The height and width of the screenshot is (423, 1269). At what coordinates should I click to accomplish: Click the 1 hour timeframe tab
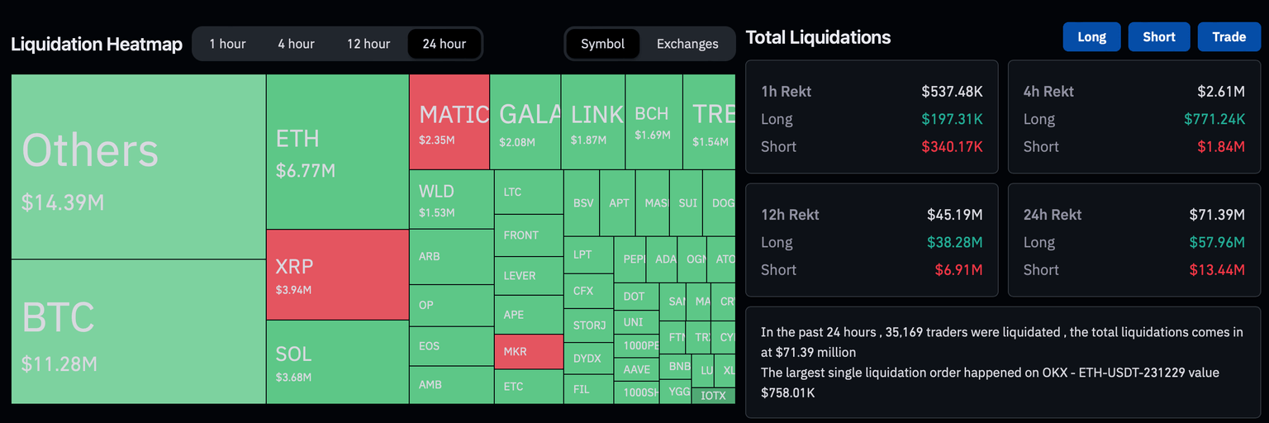pos(227,44)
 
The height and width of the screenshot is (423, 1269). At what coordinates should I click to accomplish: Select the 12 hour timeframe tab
pos(368,44)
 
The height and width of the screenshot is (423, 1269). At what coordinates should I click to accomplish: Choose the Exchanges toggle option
pos(687,44)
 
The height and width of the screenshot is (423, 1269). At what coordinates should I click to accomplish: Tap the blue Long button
pos(1091,37)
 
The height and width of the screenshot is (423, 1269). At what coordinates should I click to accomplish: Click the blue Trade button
pos(1229,37)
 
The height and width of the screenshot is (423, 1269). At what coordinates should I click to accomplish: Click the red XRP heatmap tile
pos(337,275)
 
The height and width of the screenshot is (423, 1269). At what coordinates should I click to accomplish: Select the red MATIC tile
pos(449,122)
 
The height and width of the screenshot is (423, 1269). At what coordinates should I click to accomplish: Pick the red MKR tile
pos(529,352)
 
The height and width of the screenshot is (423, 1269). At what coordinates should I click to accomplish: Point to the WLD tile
pos(451,199)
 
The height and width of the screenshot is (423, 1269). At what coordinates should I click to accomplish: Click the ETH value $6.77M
pos(305,171)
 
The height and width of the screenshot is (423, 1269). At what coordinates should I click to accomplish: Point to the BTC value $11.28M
pos(59,364)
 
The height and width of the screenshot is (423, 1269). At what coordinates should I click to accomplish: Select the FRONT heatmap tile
pos(529,235)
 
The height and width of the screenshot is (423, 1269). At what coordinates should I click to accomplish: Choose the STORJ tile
pos(588,326)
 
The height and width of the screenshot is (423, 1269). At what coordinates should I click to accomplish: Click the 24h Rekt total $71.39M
pos(1217,215)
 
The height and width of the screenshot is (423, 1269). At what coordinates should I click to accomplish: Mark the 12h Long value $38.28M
pos(954,242)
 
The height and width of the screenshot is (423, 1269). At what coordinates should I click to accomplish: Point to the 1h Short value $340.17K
pos(952,147)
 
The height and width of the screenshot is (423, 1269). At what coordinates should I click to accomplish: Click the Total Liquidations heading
pos(818,37)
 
